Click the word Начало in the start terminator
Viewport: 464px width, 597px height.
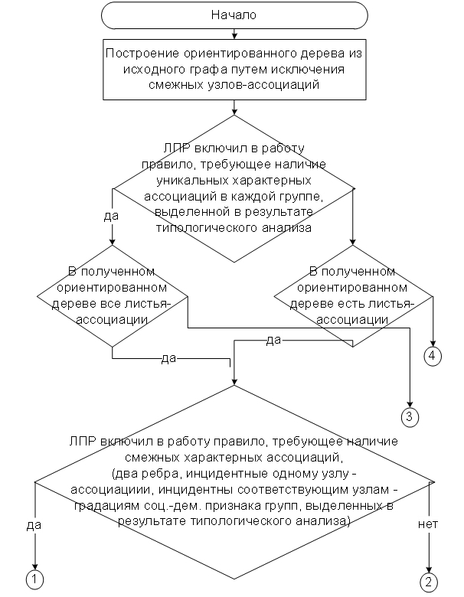(234, 15)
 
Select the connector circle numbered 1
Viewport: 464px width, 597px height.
(34, 579)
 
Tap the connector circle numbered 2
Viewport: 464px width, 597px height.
(429, 582)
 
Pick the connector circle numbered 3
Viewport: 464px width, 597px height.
(410, 416)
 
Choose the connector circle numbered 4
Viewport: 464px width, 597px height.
(433, 357)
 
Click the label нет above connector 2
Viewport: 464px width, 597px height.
(428, 524)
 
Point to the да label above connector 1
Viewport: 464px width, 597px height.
(34, 525)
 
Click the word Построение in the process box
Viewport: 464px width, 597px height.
(142, 53)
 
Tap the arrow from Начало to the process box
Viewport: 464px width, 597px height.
(234, 34)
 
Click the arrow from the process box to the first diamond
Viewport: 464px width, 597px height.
(234, 107)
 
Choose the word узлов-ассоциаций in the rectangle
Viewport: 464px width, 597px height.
(264, 84)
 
